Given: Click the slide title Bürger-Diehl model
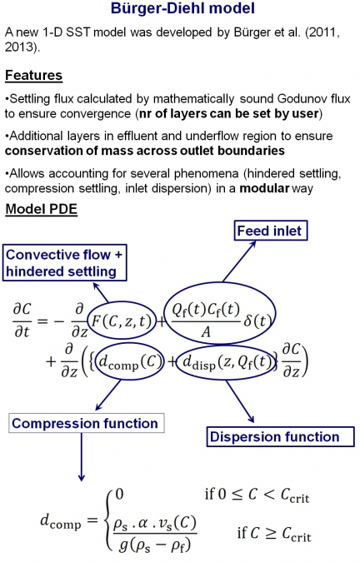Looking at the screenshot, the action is coord(182,8).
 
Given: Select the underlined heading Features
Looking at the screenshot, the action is coord(33,76).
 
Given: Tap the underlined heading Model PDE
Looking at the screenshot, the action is coord(41,209).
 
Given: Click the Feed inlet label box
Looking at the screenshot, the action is coord(271,231).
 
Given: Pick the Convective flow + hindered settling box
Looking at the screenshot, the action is coord(64,263).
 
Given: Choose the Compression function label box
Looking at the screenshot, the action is coord(87,423).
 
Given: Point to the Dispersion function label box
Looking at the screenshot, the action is coord(280,436).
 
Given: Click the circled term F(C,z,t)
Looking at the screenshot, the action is coord(122,321).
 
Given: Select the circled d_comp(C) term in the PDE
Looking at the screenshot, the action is coord(131,362).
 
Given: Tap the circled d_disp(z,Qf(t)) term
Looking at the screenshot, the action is coord(227,362).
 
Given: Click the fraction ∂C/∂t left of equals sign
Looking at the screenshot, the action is coord(22,320).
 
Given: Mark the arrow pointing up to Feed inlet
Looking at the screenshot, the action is coord(239,261).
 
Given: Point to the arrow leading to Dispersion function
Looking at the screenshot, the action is coord(240,401).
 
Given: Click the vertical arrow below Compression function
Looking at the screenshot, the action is coord(82,457).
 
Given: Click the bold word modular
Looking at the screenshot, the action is coord(264,188).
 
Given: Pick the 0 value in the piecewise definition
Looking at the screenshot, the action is coord(119,495).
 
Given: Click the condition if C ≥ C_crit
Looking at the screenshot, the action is coord(274,534).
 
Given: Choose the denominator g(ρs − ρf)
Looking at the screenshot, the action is coord(155,545).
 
